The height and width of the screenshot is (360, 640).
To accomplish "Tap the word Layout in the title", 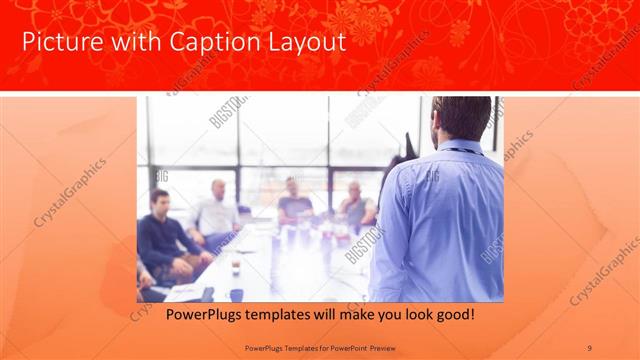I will click(306, 42).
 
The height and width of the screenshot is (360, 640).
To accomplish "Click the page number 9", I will click(590, 347).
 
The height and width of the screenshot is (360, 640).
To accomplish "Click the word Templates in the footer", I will click(303, 347).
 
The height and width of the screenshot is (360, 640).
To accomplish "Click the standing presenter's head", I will click(461, 119).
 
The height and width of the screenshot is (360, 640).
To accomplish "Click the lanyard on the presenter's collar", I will click(457, 151).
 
